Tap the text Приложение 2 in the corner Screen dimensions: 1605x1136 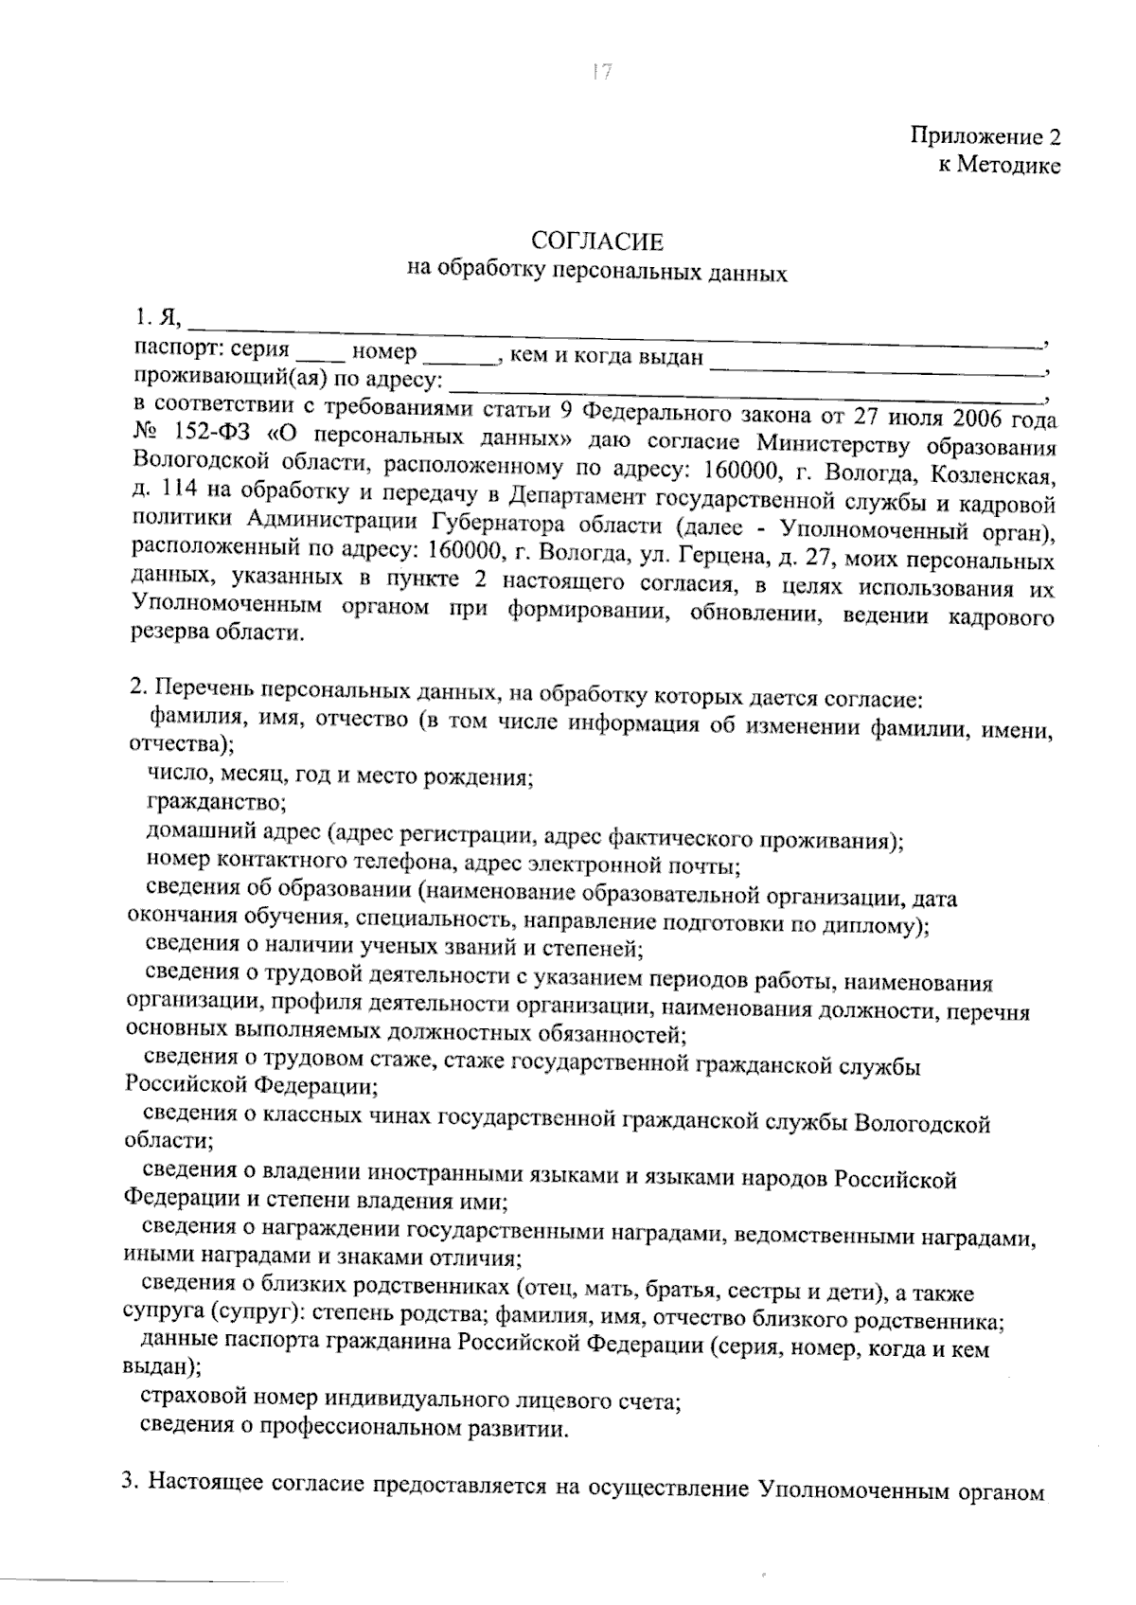(x=985, y=137)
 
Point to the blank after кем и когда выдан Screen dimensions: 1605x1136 (x=874, y=363)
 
